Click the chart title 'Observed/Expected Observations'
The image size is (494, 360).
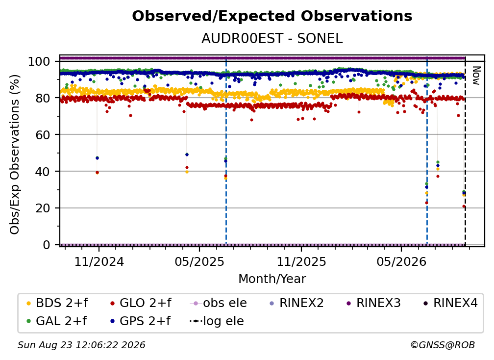coord(272,16)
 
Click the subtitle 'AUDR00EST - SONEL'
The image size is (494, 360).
coord(272,38)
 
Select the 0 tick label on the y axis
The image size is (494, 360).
coord(47,245)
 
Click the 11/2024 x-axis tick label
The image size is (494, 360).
coord(99,261)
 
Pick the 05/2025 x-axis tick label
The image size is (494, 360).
coord(199,261)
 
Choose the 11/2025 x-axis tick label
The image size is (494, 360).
coord(301,261)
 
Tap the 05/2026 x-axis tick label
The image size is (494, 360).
coord(401,261)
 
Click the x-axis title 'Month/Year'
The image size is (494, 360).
coord(272,279)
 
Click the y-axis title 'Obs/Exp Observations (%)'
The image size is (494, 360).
coord(15,154)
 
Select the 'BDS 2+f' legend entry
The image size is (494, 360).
coord(57,303)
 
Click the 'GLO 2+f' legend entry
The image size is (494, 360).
coord(141,303)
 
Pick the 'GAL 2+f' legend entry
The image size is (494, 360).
coord(57,321)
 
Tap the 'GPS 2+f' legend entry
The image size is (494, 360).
coord(140,321)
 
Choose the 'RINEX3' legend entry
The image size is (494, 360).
coord(373,303)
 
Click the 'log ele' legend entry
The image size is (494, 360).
coord(217,321)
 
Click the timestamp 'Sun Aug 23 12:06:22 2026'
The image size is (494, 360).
coord(81,345)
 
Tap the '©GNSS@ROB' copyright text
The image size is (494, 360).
coord(443,345)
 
